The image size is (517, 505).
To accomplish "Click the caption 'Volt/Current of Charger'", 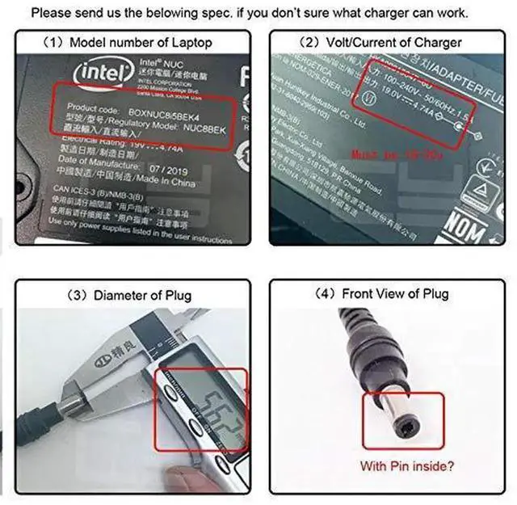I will click(x=392, y=43).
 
